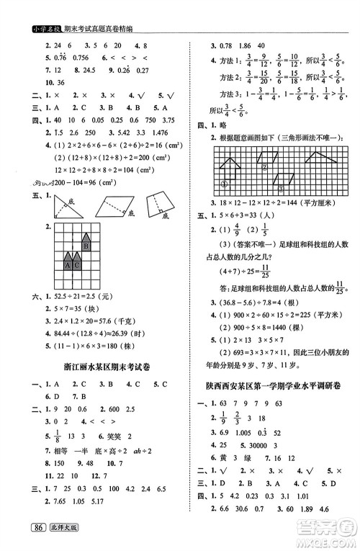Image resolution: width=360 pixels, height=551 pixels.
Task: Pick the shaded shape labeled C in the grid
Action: coord(78,262)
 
